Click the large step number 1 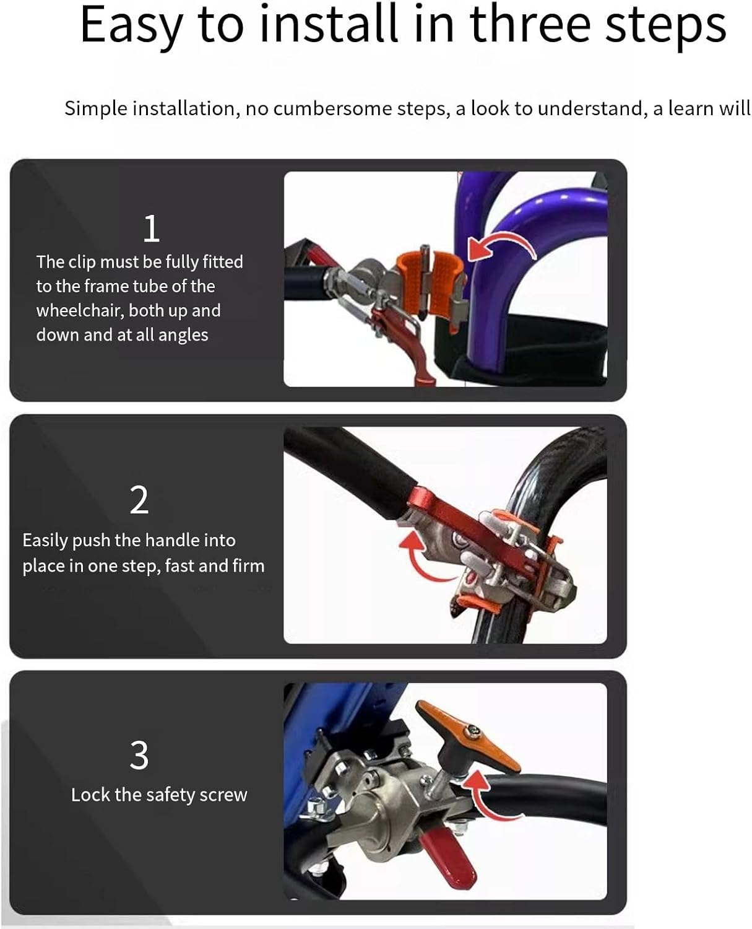click(151, 229)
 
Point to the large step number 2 click(139, 500)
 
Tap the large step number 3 click(139, 755)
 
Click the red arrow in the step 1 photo click(501, 246)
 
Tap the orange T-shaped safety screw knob click(469, 737)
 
